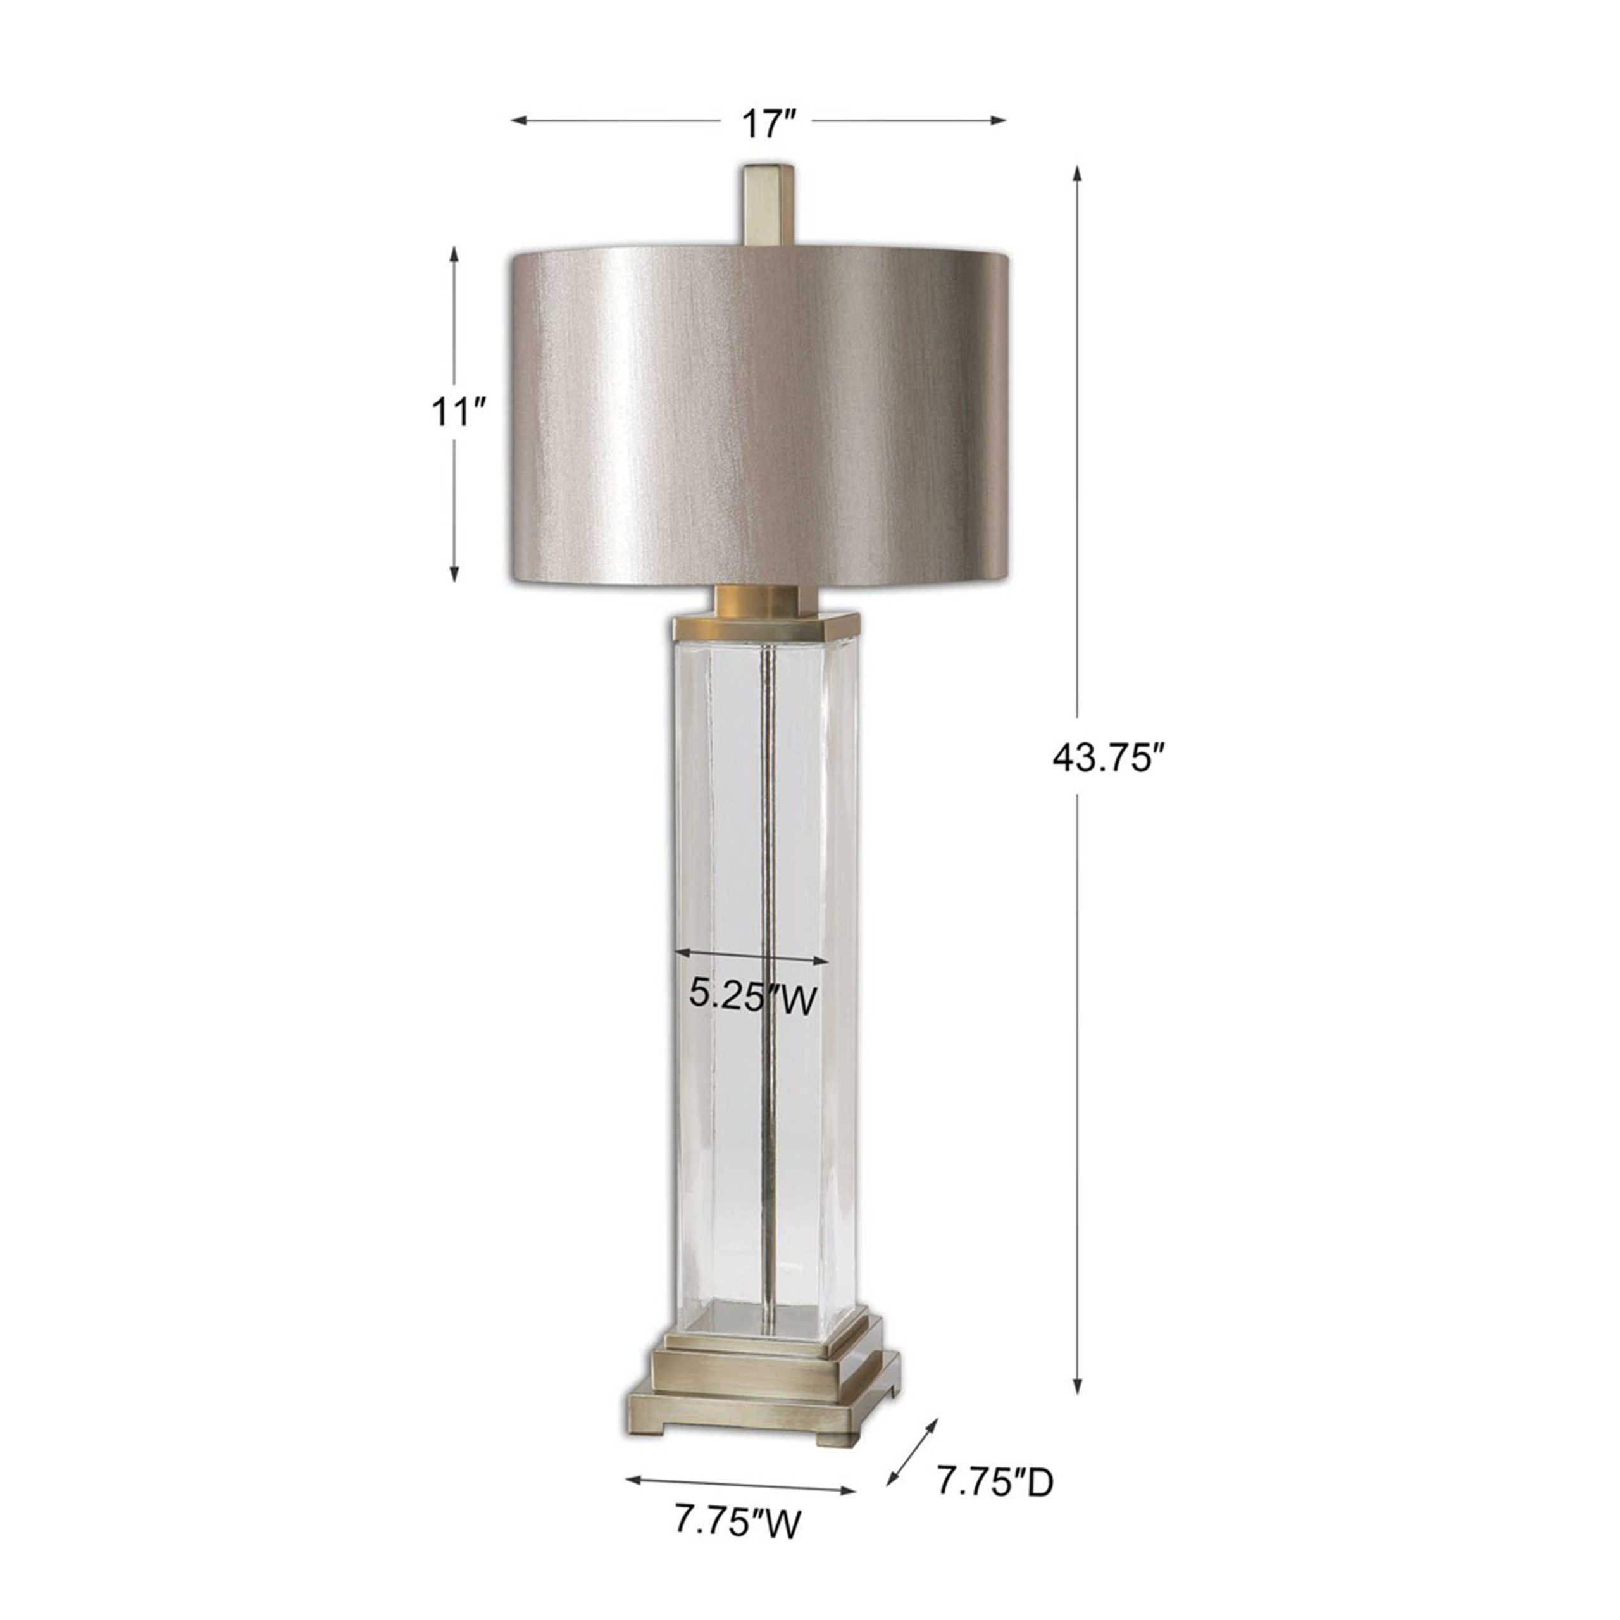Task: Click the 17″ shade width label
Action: [x=766, y=123]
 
